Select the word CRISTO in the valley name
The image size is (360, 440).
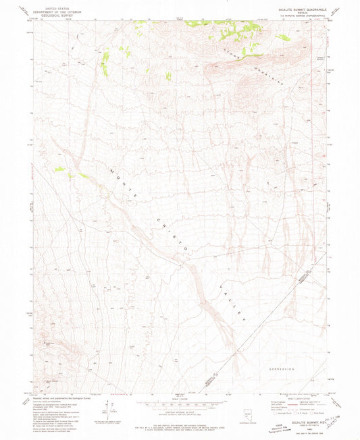click(170, 237)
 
